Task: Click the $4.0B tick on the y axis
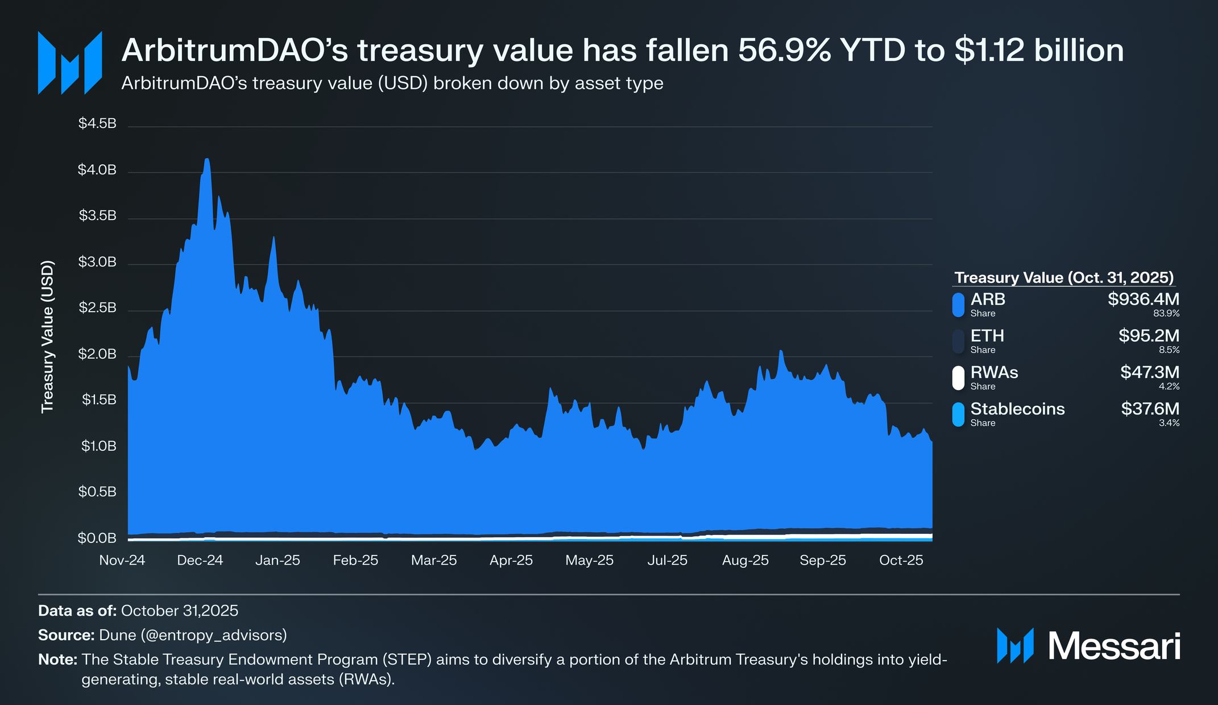[97, 170]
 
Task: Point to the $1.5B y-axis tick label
[98, 400]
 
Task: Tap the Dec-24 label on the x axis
[200, 560]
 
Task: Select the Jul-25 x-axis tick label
[667, 560]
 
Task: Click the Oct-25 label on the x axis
[901, 560]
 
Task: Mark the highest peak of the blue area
[206, 160]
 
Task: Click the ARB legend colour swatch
[958, 304]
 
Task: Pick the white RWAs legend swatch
[958, 378]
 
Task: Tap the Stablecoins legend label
[1017, 409]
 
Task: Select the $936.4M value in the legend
[1143, 299]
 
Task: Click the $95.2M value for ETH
[1149, 335]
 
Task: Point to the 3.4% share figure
[1169, 423]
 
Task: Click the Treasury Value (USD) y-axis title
[48, 337]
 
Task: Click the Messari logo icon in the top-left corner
[70, 63]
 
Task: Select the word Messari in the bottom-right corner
[1114, 646]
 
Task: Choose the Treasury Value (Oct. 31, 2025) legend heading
[1064, 277]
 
